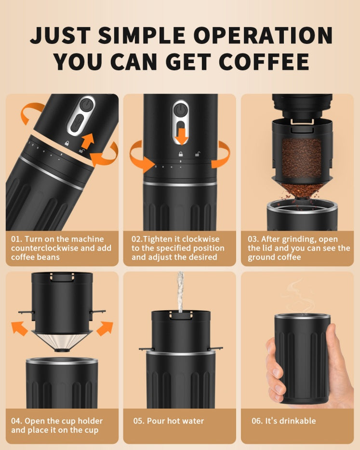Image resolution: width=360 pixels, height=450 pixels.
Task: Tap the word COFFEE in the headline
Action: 264,62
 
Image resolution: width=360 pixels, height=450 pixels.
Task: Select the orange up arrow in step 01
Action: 88,142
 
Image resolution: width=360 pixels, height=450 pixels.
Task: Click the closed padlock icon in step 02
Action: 180,154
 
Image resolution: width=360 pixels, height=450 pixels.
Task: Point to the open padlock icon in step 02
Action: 197,154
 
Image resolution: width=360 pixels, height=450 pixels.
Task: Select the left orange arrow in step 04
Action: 20,329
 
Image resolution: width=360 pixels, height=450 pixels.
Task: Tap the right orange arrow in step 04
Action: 104,328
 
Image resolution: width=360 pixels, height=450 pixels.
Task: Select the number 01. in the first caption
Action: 17,239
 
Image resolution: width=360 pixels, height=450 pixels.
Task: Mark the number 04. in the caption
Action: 17,421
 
